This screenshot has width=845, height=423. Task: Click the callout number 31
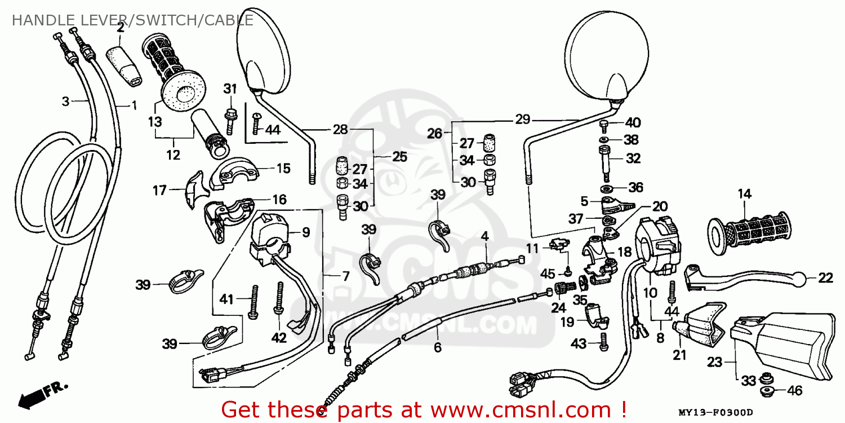[x=230, y=89]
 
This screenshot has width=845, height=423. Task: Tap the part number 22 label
[x=825, y=277]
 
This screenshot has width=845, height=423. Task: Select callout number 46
[x=794, y=390]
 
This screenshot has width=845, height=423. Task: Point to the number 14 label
[x=744, y=195]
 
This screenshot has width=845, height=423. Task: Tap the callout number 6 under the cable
[x=437, y=347]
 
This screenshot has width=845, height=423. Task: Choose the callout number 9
[x=305, y=232]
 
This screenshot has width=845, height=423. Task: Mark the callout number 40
[x=633, y=122]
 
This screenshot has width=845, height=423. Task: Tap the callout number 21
[x=680, y=356]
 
